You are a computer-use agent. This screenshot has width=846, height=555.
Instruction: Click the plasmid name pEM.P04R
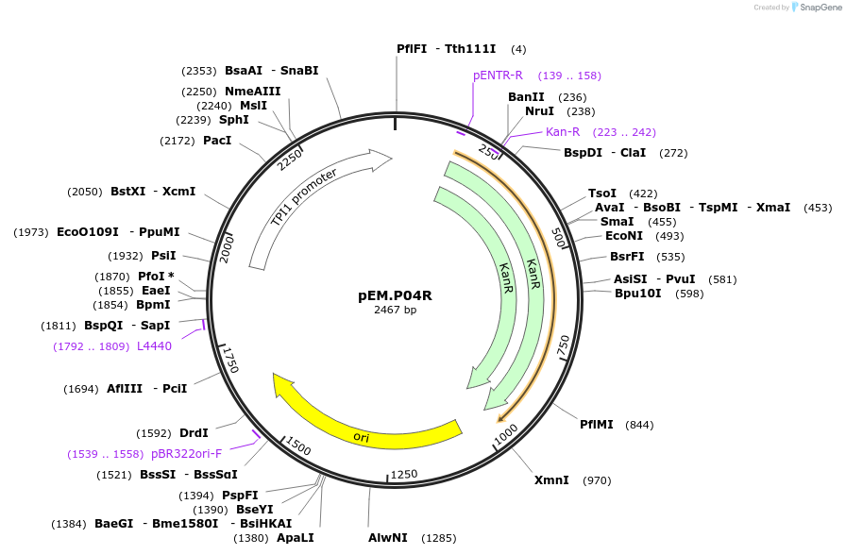coord(395,294)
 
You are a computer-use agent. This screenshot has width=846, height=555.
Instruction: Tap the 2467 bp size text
coord(395,310)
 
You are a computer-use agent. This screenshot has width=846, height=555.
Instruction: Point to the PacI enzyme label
coord(217,141)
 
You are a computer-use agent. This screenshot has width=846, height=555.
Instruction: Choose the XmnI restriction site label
coord(551,480)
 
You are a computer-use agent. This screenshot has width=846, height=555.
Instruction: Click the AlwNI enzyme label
coord(388,538)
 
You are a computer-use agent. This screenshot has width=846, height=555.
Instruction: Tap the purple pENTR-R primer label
coord(498,76)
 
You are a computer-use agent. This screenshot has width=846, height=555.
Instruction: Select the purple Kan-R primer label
coord(563,132)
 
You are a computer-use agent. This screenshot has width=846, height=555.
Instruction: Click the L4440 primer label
coord(154,346)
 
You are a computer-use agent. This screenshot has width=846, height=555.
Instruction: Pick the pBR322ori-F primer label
coord(187,454)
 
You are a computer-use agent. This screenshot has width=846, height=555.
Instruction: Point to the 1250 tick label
coord(404,474)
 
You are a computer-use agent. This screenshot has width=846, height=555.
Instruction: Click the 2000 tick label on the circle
coord(227,249)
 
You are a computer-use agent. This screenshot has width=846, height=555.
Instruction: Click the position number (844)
coord(639,425)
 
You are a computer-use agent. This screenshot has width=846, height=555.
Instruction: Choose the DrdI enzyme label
coord(194,433)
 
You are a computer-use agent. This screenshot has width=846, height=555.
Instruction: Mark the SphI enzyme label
coord(234,120)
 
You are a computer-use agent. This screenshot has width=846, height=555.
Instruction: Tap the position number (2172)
coord(178,141)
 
